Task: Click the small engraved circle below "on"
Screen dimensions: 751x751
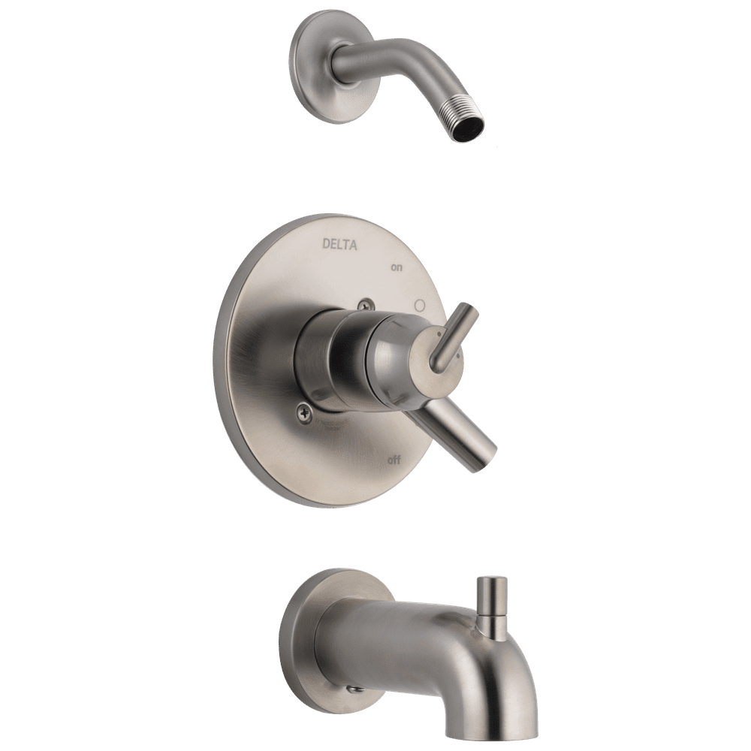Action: pyautogui.click(x=420, y=306)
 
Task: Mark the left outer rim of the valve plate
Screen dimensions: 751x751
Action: pyautogui.click(x=219, y=360)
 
